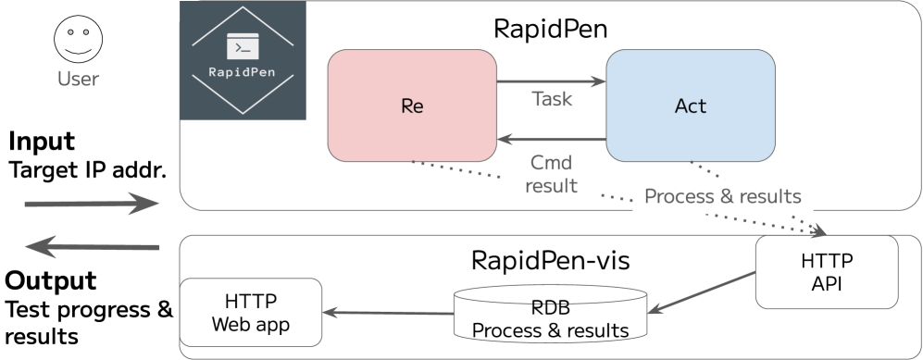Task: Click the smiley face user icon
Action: click(x=78, y=42)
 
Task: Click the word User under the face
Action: click(x=78, y=80)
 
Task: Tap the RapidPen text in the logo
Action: click(x=243, y=71)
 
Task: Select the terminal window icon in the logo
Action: click(x=243, y=46)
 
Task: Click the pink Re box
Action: click(x=412, y=106)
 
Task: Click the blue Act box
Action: click(x=690, y=106)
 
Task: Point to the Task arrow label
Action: click(x=552, y=99)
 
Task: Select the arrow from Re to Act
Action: click(x=551, y=82)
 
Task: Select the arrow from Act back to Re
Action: click(x=551, y=141)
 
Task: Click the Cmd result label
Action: click(x=551, y=174)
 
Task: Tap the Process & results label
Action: click(x=722, y=197)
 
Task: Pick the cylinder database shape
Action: click(x=550, y=312)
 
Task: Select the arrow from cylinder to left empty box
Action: click(x=387, y=313)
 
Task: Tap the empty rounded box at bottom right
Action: click(x=826, y=272)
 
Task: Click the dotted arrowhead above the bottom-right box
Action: click(x=817, y=232)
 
